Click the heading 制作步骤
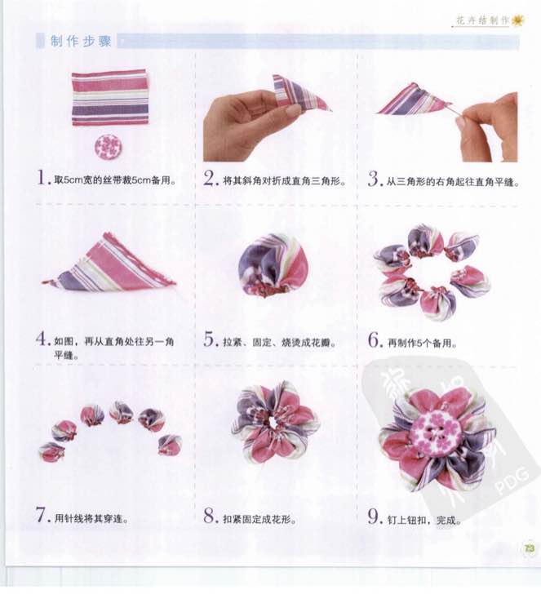(81, 41)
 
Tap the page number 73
(529, 548)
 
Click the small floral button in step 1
(108, 146)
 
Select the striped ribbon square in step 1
(110, 98)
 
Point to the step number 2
(211, 179)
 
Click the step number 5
(210, 339)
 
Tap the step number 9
(375, 517)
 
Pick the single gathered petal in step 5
(273, 265)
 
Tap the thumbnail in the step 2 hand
(292, 110)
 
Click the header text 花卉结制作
(482, 20)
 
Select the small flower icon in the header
(517, 20)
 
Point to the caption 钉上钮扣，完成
(424, 521)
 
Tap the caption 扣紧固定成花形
(259, 520)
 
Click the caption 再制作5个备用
(422, 343)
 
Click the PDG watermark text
(512, 481)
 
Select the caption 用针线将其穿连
(91, 519)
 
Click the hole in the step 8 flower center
(273, 422)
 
